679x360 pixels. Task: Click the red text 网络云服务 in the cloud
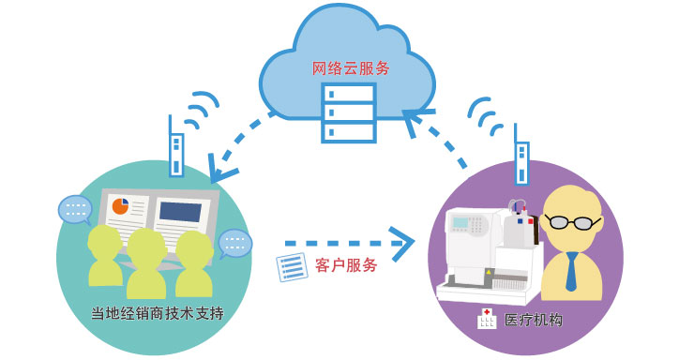click(x=352, y=67)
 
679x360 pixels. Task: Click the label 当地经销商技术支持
click(x=158, y=310)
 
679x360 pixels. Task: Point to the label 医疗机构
click(x=533, y=320)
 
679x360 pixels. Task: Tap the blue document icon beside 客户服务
click(x=292, y=267)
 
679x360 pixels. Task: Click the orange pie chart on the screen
click(x=121, y=205)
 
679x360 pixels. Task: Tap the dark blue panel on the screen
click(x=180, y=211)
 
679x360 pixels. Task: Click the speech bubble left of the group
click(x=74, y=208)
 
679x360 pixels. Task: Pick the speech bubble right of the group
click(x=234, y=245)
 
